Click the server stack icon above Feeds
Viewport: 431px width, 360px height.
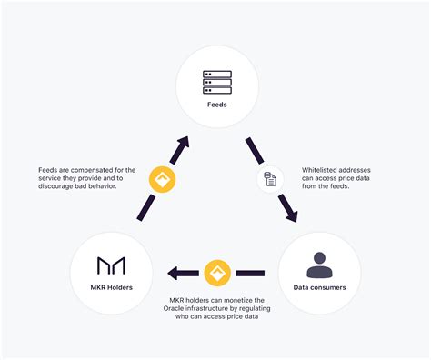pyautogui.click(x=216, y=84)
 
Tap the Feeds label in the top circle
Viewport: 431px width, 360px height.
pyautogui.click(x=216, y=106)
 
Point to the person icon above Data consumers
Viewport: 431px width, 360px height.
pyautogui.click(x=319, y=265)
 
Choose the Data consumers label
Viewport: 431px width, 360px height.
pyautogui.click(x=319, y=288)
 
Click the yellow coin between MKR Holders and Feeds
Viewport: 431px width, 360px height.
pyautogui.click(x=163, y=179)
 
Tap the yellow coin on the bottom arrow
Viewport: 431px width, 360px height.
pyautogui.click(x=216, y=271)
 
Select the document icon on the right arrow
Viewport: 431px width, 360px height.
pyautogui.click(x=270, y=179)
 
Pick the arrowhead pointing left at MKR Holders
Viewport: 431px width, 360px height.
pyautogui.click(x=172, y=271)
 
